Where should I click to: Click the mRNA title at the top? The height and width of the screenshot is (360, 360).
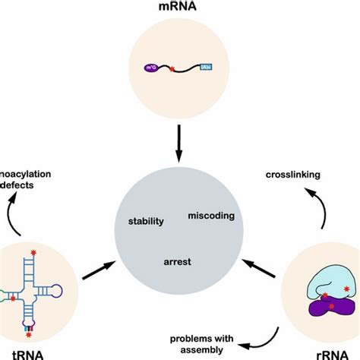tap(179, 10)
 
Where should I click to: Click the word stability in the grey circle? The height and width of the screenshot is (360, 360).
tap(147, 222)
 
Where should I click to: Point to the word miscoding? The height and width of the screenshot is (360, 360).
tap(210, 216)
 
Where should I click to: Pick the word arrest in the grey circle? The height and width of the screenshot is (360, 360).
tap(176, 262)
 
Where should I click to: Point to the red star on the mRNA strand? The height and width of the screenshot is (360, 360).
tap(171, 70)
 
